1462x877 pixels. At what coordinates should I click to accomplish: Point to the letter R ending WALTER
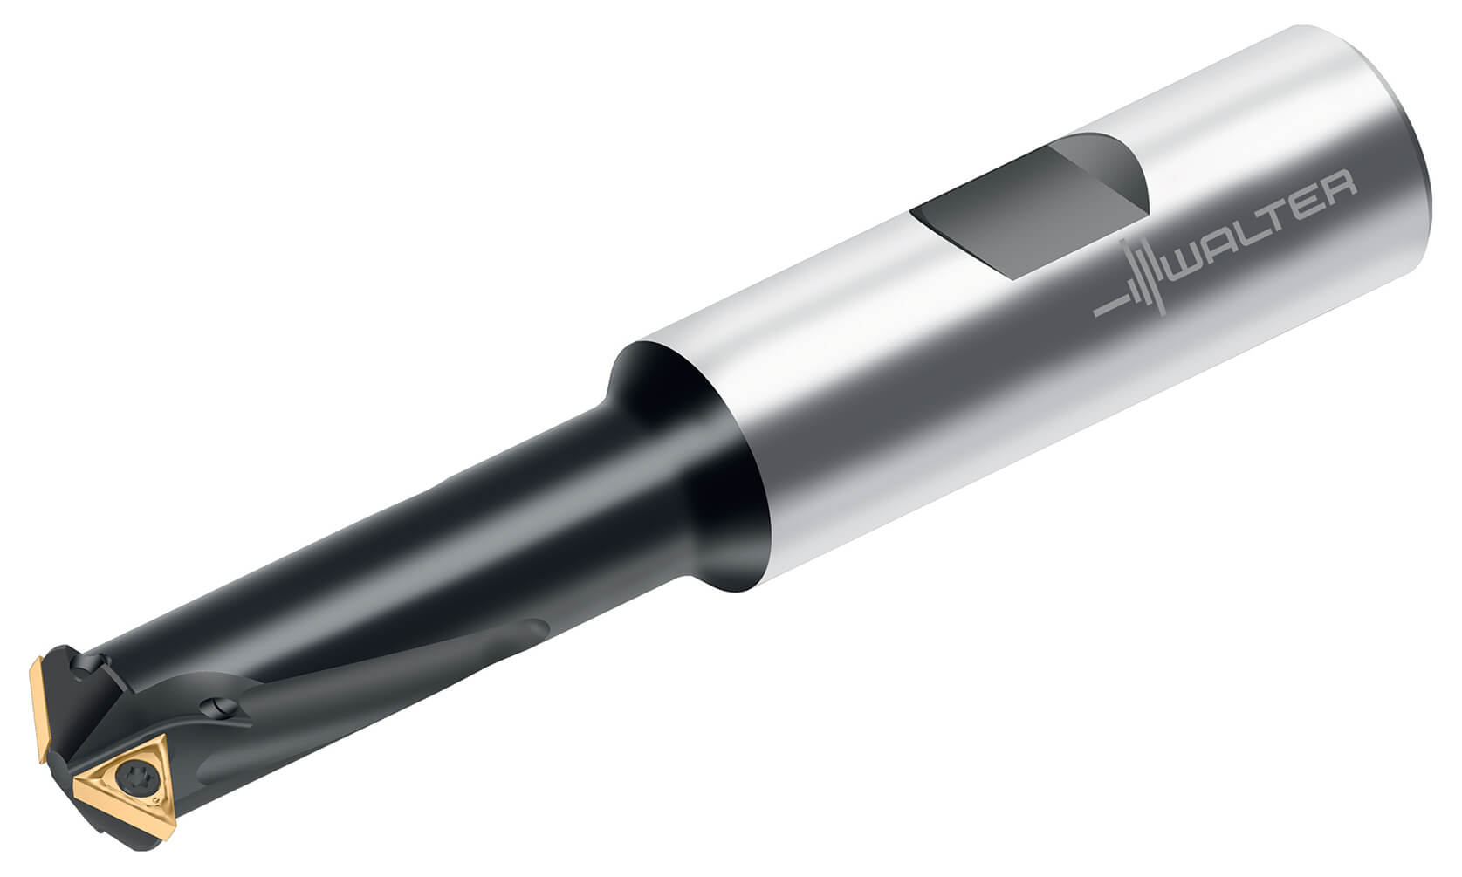click(1341, 185)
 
